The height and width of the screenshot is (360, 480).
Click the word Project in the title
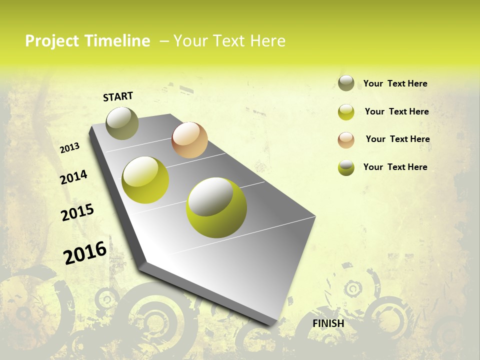(52, 41)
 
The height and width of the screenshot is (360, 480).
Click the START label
(118, 96)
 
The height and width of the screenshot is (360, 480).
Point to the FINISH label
(328, 323)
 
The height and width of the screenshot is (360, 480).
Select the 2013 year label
(70, 148)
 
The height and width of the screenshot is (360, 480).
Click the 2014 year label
(74, 177)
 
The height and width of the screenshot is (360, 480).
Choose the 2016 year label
(85, 253)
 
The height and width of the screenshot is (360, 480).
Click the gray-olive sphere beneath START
(122, 123)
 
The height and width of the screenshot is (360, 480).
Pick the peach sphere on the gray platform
(189, 140)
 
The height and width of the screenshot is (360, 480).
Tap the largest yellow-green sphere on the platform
(216, 207)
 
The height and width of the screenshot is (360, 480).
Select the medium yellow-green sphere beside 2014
(145, 180)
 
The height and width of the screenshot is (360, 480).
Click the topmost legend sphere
(346, 83)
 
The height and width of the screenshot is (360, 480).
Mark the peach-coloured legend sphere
(346, 139)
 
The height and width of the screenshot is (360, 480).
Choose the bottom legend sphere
(346, 167)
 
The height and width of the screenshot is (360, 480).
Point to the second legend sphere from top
(346, 112)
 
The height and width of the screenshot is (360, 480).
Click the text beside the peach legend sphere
(397, 139)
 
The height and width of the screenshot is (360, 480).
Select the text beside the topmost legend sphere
(395, 83)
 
